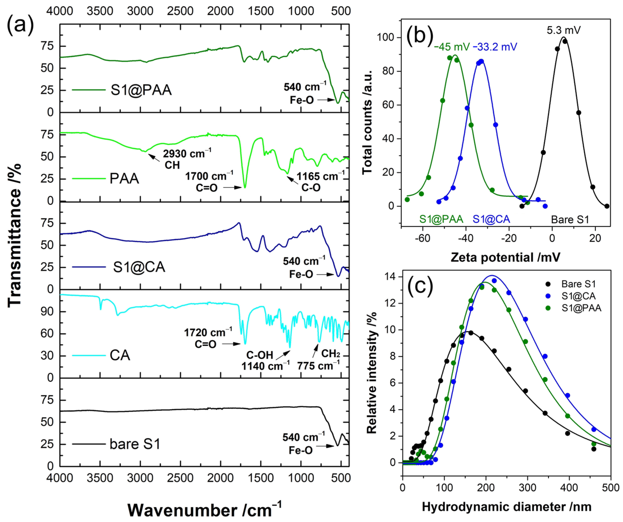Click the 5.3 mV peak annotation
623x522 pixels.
pyautogui.click(x=563, y=30)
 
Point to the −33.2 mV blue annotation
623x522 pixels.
pyautogui.click(x=495, y=47)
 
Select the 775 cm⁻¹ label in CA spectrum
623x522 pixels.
pyautogui.click(x=318, y=366)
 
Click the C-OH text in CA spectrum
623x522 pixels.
pyautogui.click(x=259, y=355)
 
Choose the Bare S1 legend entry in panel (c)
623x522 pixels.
pyautogui.click(x=578, y=284)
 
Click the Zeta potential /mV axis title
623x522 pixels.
pyautogui.click(x=505, y=257)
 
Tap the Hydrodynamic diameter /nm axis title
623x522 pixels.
pyautogui.click(x=506, y=506)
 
